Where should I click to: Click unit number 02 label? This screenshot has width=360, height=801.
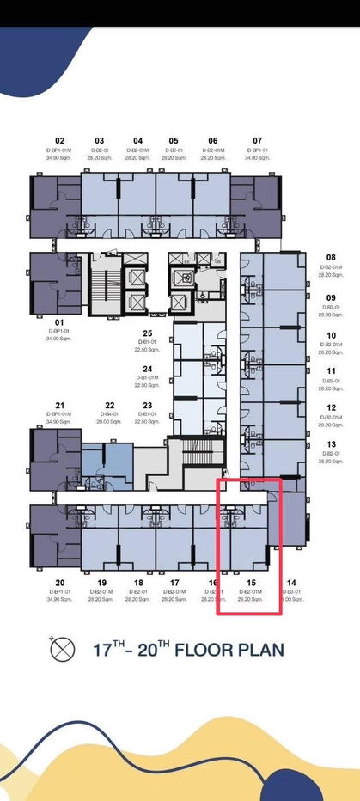point(60,140)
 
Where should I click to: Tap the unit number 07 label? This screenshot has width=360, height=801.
point(257,140)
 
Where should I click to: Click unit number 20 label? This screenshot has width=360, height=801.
point(59,583)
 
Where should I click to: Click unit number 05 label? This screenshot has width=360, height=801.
point(174,140)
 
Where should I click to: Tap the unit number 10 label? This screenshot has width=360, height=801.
point(331,336)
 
